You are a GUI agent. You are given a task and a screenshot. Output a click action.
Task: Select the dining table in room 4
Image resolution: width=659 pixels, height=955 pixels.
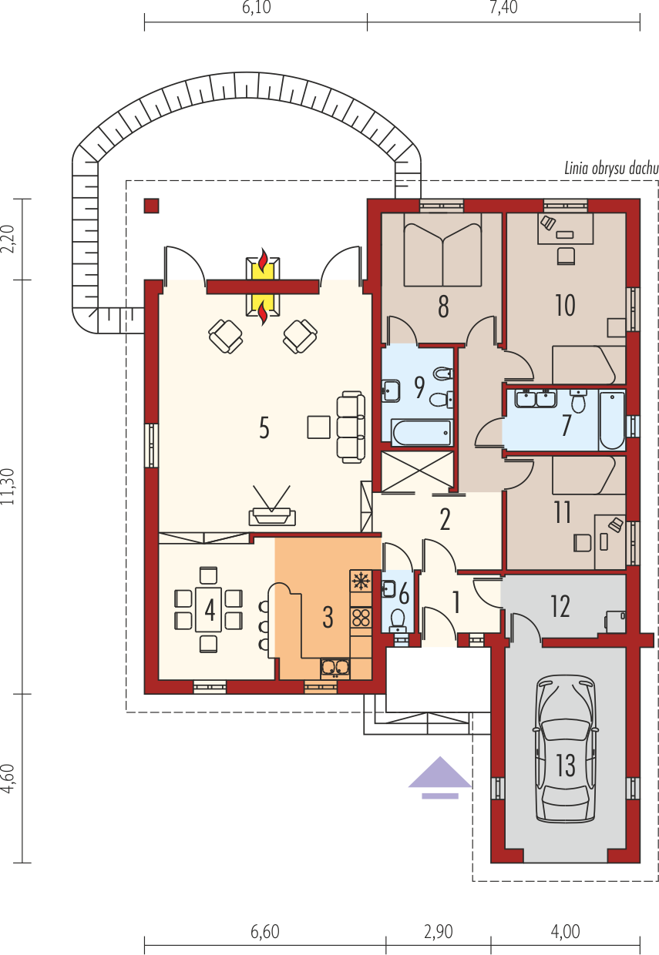point(209,610)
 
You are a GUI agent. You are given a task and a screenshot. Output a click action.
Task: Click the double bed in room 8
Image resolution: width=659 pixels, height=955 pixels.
point(442,250)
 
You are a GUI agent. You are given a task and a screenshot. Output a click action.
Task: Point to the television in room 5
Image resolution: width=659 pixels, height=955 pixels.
point(272,507)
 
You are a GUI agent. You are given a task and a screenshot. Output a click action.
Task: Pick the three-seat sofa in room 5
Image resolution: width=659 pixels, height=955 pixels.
point(351,427)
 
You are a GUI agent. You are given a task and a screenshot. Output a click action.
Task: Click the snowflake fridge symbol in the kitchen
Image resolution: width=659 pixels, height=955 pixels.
point(361,581)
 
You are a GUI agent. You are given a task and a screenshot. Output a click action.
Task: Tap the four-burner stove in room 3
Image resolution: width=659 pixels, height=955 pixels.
point(361,618)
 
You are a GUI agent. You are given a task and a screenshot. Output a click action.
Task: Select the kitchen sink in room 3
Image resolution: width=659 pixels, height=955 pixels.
point(335,668)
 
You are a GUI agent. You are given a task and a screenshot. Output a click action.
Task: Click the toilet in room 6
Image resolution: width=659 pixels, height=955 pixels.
point(398,620)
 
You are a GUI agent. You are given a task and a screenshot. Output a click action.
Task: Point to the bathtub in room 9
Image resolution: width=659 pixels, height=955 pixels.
point(422,433)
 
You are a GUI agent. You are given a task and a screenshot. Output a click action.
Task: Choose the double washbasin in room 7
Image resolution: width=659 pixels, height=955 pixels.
point(536,399)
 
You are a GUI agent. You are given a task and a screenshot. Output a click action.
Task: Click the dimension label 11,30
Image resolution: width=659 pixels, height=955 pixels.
point(8,487)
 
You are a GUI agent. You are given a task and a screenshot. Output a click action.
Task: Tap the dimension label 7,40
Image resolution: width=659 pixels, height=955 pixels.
point(503,7)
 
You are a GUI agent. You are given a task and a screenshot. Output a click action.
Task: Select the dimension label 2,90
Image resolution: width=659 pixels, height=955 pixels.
point(438,932)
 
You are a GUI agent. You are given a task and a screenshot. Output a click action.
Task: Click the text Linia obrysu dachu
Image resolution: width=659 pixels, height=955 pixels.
point(611,169)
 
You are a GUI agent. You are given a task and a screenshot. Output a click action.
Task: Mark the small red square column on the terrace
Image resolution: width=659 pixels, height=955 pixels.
point(151,206)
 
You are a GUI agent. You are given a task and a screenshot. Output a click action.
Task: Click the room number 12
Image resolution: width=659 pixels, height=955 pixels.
point(560,606)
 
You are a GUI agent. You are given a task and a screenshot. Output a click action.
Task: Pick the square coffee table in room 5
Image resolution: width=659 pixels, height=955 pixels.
point(318,427)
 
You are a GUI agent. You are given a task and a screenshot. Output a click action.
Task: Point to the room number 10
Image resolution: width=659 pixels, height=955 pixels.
point(565,305)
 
